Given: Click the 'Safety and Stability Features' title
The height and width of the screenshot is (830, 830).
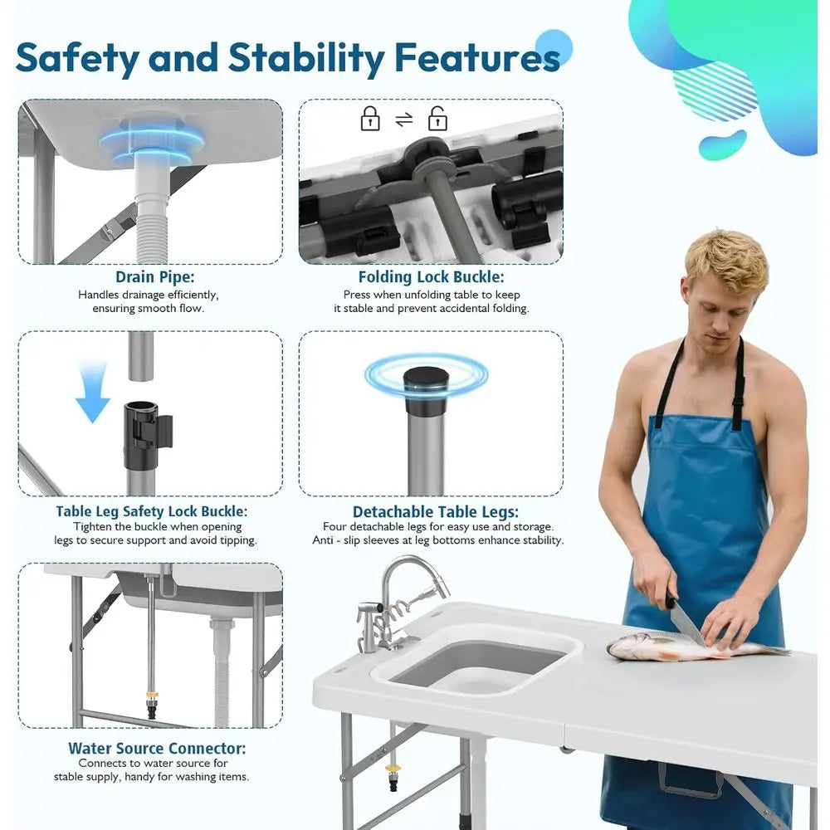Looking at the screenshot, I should click(287, 58).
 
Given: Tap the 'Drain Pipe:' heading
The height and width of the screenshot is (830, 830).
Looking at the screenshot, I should click(149, 277).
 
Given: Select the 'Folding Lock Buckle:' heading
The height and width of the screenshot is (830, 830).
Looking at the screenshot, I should click(431, 277).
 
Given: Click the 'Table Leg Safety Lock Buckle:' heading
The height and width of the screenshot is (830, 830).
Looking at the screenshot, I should click(152, 511).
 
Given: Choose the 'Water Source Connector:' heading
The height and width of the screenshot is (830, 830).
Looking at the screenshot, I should click(157, 748).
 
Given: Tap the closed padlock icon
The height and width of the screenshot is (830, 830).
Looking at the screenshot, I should click(370, 120).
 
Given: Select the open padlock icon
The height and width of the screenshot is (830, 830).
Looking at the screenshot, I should click(437, 120).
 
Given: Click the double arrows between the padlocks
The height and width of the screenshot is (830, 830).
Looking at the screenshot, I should click(404, 120).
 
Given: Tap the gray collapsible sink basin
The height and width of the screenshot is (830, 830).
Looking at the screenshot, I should click(476, 661).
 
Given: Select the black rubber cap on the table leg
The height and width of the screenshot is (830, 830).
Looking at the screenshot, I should click(426, 390).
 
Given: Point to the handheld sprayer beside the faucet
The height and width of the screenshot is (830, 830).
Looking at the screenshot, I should click(369, 628).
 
